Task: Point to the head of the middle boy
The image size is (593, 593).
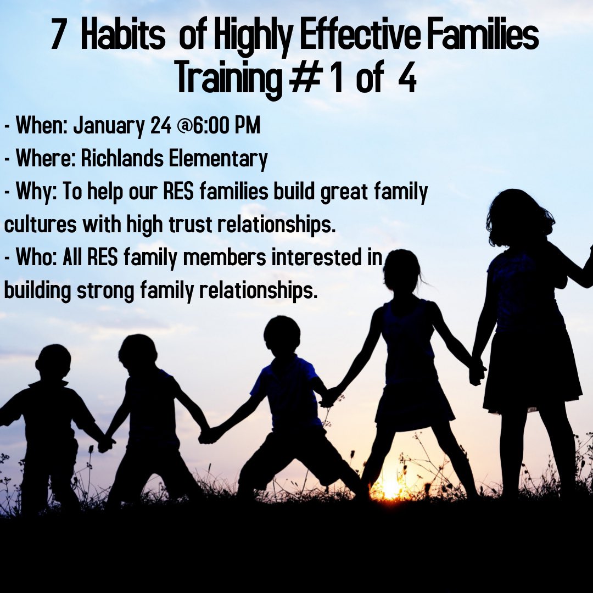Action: click(x=282, y=335)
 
